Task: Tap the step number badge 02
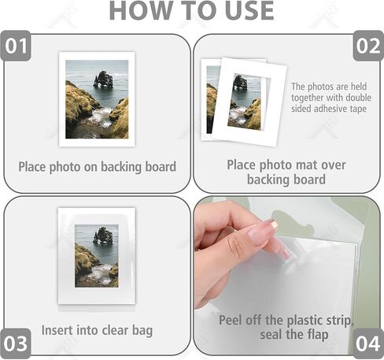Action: tap(367, 47)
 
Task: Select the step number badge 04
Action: tap(367, 343)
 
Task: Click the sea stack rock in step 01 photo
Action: tap(103, 79)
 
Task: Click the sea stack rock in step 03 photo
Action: tap(102, 235)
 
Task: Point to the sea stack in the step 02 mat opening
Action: tap(240, 82)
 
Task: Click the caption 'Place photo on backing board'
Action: tap(97, 167)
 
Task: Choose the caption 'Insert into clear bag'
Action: tap(97, 330)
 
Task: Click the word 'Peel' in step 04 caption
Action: tap(234, 321)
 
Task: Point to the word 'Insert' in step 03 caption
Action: tap(59, 330)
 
